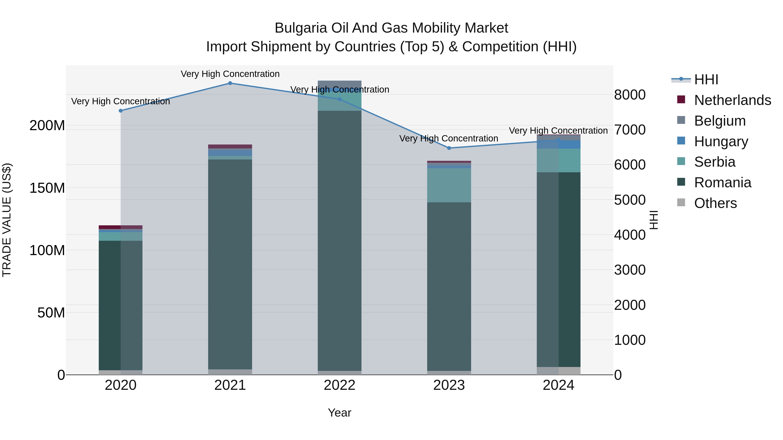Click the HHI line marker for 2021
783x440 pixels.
(230, 83)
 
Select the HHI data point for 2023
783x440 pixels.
(449, 148)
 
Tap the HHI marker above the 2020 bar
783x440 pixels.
(121, 111)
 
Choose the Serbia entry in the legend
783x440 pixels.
(714, 162)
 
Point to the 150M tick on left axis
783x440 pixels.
(47, 188)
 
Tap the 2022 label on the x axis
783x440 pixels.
(340, 385)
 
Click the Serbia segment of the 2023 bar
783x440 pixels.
(449, 185)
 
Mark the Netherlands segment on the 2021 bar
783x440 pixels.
(230, 146)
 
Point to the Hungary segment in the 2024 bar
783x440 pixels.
(558, 144)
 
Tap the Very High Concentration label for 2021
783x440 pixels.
(230, 74)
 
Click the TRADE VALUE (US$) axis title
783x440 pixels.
(7, 220)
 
